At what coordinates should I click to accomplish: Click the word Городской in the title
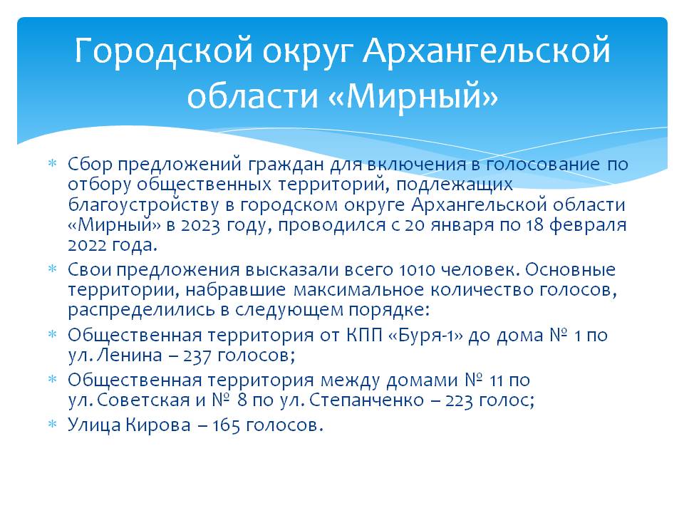[163, 51]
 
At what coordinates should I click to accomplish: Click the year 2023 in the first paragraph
[200, 226]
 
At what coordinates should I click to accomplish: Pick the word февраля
[588, 225]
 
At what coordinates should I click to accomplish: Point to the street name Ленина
[129, 355]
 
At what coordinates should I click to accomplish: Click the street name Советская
[143, 400]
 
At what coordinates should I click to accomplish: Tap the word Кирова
[158, 425]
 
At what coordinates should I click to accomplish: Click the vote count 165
[226, 425]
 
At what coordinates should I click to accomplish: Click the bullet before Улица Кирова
[52, 424]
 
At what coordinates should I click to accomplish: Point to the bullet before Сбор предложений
[52, 164]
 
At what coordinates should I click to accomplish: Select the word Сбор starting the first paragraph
[90, 164]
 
